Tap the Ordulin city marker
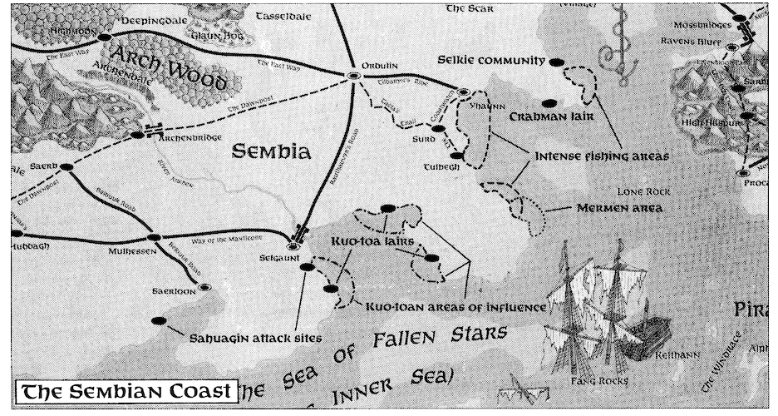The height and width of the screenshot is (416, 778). click(355, 76)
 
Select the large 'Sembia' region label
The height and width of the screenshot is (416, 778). click(271, 152)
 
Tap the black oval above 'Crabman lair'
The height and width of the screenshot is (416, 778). click(548, 103)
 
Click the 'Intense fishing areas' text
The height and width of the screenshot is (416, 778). click(602, 156)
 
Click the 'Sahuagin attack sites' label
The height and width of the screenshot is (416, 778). click(255, 339)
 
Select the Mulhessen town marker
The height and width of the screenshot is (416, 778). click(151, 237)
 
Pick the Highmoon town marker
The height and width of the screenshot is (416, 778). click(104, 37)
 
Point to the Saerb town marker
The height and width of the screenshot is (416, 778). click(66, 167)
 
